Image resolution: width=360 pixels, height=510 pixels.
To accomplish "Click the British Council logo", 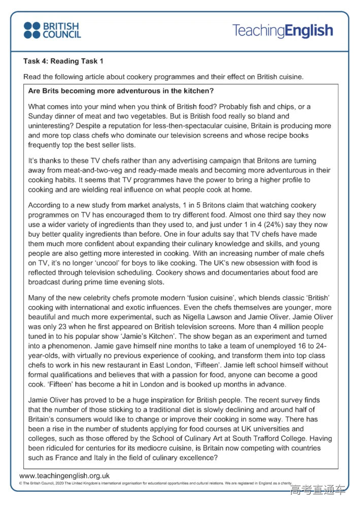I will (52, 30).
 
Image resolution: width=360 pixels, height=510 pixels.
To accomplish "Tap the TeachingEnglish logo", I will (282, 30).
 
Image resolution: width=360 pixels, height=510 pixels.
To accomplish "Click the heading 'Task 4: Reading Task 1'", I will (63, 61).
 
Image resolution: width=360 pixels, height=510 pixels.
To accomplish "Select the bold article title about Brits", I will (121, 92).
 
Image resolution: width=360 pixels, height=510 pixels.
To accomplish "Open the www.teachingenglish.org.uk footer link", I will (64, 476).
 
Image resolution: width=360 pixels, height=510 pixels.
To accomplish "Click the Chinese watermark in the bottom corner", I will (317, 490).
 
